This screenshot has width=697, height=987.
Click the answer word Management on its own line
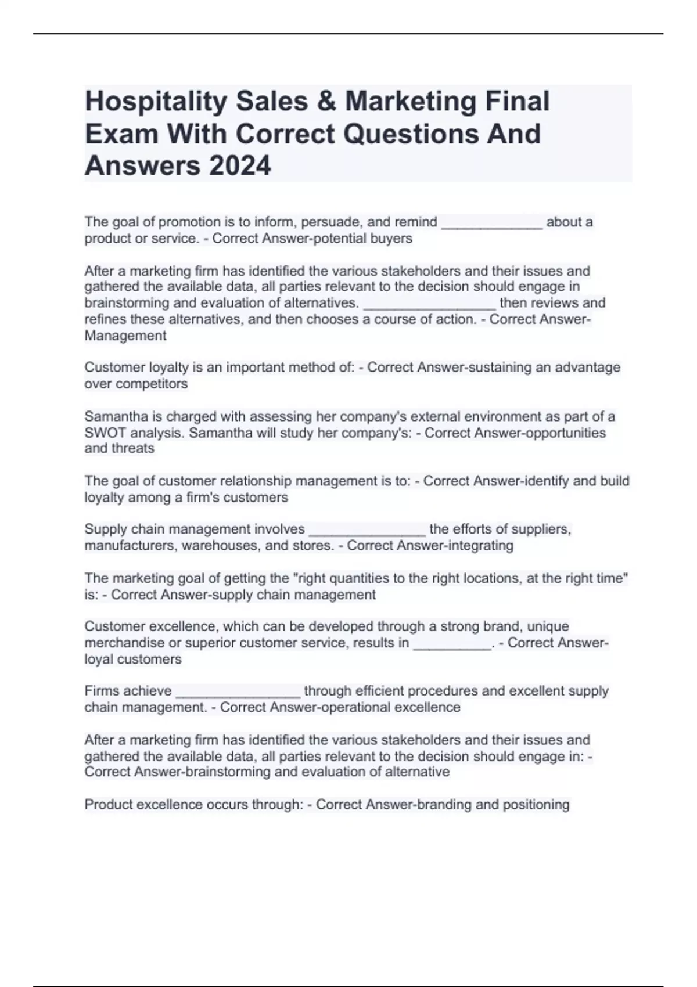point(125,336)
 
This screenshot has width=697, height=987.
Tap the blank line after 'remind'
point(492,223)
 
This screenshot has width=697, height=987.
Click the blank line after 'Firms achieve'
point(238,691)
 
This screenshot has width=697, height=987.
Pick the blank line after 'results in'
point(452,644)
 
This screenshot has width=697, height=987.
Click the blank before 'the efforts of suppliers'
point(367,530)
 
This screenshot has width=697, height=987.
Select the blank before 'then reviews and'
point(429,304)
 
